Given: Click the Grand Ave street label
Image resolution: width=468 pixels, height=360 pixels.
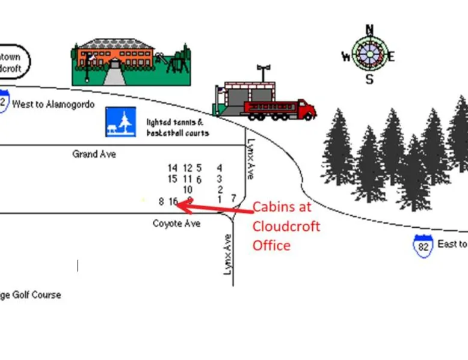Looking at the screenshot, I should (x=94, y=154).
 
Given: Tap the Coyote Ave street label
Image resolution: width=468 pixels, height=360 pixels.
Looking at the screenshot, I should (x=176, y=224).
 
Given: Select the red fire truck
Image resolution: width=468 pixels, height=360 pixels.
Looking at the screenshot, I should (x=280, y=109).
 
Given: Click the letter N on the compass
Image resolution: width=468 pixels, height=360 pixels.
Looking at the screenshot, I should (x=369, y=29).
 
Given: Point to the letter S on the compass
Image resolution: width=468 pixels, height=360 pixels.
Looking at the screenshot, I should (x=369, y=79).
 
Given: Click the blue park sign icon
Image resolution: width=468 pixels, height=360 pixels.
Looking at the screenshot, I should (x=119, y=122).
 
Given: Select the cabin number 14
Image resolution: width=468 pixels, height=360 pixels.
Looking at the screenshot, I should (x=173, y=168).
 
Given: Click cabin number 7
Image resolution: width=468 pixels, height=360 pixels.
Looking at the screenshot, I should (x=233, y=198).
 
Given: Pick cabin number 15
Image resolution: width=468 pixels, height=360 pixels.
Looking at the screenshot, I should (x=173, y=178).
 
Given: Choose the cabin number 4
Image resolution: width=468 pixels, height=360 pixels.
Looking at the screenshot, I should (x=220, y=168).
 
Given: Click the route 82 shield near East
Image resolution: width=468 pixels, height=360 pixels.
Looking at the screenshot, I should (x=423, y=246).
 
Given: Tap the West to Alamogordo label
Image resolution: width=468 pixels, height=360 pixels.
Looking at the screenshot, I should (x=54, y=105).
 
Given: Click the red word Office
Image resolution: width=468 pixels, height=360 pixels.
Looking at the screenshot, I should (x=271, y=245).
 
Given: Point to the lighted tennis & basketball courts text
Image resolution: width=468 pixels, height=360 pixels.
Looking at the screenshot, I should (x=177, y=127).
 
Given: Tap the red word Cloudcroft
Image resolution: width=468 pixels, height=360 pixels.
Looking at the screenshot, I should (x=286, y=227).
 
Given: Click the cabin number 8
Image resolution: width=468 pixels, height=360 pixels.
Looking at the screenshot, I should (x=161, y=201).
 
